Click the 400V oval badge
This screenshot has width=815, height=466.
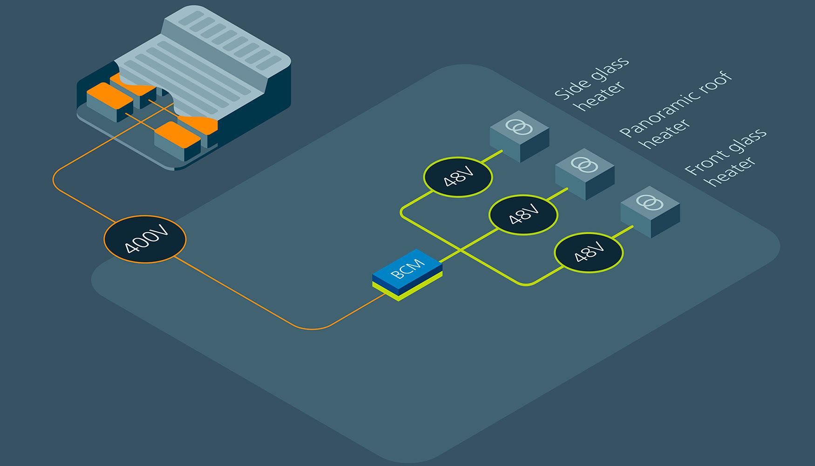coord(145,240)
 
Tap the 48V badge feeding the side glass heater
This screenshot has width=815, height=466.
coord(458,177)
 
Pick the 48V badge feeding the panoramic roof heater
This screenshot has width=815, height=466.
coord(523,215)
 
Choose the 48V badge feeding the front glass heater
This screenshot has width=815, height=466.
coord(589,253)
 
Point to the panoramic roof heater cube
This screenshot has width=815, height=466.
coord(584,174)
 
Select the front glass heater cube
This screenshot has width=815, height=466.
coord(650,212)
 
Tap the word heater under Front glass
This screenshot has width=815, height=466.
coord(731,171)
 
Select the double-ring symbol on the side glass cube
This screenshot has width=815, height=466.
coord(519,126)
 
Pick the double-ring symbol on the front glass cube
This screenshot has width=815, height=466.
coord(650,202)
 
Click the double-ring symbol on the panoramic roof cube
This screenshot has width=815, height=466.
coord(584,164)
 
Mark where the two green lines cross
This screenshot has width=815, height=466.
coord(461,251)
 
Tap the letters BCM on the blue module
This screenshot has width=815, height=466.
coord(407,268)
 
